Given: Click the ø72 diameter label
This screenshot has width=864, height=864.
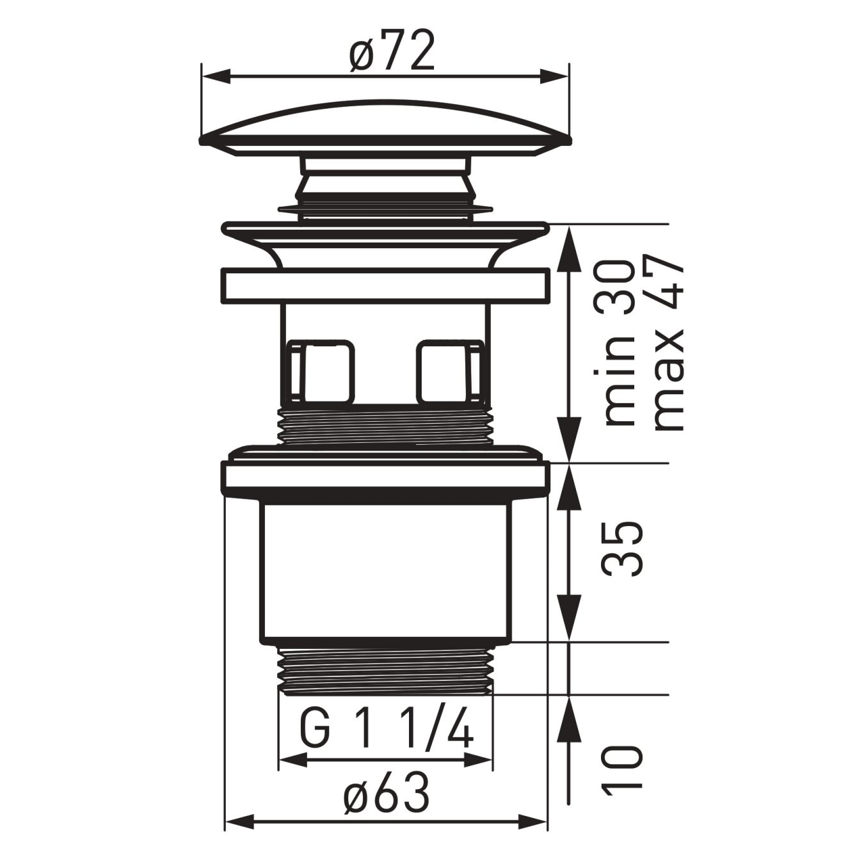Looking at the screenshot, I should [x=392, y=51].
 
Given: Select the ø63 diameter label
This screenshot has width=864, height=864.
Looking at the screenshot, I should [x=386, y=796].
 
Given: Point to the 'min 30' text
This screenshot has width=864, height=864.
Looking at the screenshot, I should [x=619, y=344].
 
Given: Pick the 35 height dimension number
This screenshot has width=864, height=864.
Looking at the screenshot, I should [x=620, y=549].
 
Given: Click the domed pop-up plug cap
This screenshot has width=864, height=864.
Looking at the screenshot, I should [x=385, y=127].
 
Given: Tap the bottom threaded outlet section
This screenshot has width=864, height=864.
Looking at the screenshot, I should [x=386, y=669].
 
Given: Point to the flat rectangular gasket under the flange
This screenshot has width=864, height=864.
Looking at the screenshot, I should [x=386, y=285].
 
